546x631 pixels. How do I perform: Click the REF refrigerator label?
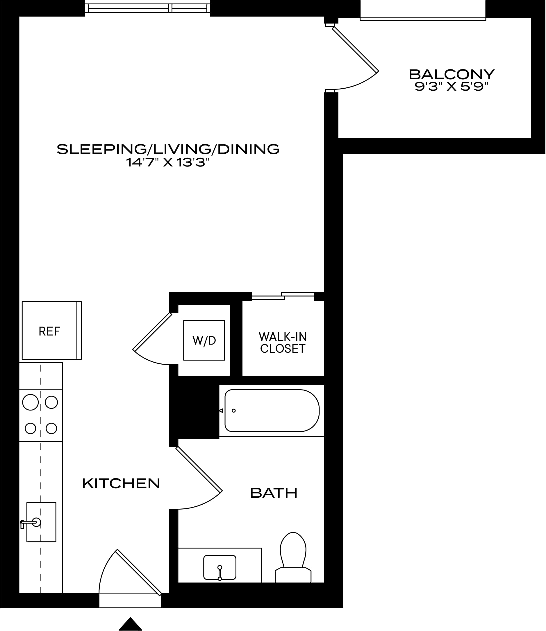(49, 331)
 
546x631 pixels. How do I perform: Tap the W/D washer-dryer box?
(204, 340)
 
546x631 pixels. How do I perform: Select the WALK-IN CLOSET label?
(283, 343)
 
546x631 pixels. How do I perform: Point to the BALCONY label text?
(452, 74)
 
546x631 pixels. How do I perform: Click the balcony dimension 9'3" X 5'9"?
(452, 87)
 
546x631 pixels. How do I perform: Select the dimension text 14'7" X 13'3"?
(168, 162)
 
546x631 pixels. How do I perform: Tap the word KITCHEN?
(121, 483)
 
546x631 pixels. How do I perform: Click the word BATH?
(274, 493)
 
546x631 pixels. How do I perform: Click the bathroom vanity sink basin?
(220, 567)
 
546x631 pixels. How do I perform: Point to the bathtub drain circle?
(234, 410)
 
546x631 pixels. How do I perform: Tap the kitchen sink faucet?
(30, 523)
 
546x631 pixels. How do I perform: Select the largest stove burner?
(31, 402)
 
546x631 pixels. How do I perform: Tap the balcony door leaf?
(355, 49)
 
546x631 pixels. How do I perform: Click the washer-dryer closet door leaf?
(152, 332)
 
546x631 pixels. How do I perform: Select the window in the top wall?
(147, 8)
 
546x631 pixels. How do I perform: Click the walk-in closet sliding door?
(283, 296)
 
